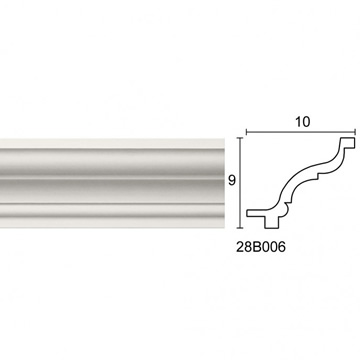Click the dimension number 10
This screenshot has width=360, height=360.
[x=302, y=122]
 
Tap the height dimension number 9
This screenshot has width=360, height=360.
[x=232, y=180]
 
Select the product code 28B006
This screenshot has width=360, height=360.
[x=261, y=247]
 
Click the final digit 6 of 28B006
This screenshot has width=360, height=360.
[x=282, y=247]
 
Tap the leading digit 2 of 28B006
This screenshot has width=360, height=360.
[x=240, y=247]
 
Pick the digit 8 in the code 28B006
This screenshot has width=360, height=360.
[x=248, y=247]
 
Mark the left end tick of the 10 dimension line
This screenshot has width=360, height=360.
[x=246, y=132]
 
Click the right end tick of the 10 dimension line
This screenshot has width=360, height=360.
[x=356, y=132]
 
